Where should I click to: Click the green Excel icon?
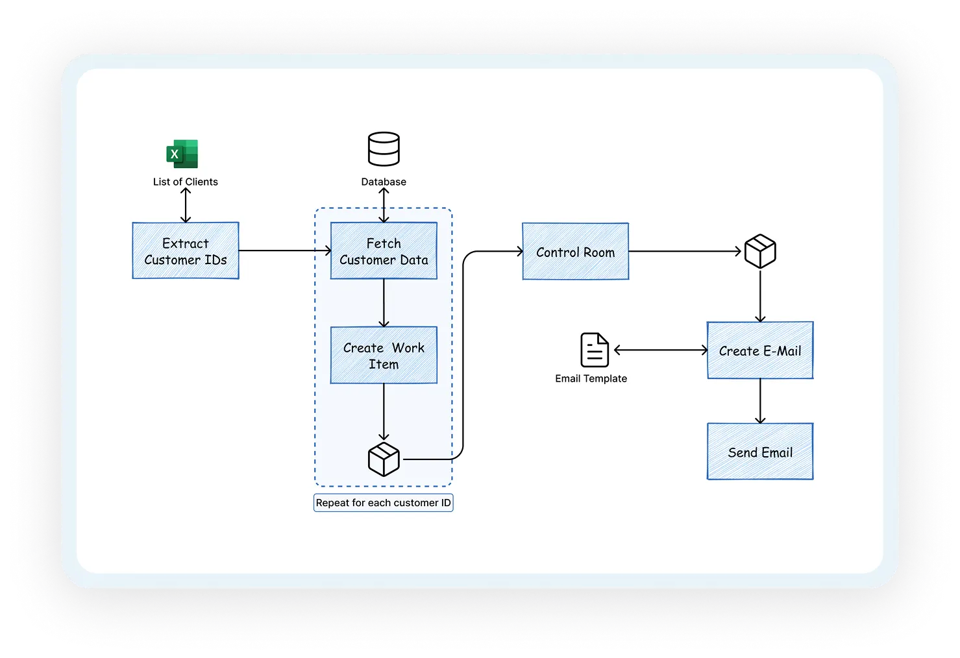182,154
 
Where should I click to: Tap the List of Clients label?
186,182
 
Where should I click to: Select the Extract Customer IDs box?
186,251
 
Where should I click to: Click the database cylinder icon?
384,149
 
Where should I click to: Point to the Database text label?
384,182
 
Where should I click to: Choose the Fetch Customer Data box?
384,251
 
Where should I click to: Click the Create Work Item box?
384,356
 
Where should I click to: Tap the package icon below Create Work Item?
384,459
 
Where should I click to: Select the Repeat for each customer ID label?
383,503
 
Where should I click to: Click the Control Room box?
575,252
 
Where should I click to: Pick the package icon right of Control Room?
760,252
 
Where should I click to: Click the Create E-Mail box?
760,350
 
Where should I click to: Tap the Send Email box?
760,452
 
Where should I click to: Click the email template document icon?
594,350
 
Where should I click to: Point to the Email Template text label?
591,378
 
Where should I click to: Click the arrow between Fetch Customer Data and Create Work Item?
384,303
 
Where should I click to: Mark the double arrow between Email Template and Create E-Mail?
661,350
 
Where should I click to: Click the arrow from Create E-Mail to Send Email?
760,401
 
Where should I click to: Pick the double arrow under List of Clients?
186,205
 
